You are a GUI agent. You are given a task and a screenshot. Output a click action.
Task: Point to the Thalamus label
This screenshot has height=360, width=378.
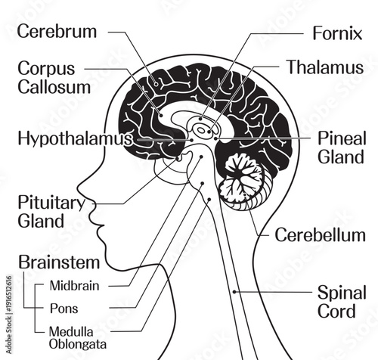click(x=324, y=67)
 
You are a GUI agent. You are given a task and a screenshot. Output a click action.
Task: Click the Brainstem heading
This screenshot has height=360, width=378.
click(x=59, y=263)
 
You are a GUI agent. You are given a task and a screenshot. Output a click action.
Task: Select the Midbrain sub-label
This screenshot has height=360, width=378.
click(x=74, y=285)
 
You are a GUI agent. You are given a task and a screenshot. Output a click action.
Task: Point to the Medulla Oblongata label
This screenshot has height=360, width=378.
click(x=76, y=337)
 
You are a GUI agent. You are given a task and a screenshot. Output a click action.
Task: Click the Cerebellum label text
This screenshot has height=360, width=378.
click(x=320, y=234)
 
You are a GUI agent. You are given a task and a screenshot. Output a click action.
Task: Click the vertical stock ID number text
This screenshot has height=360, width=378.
click(x=6, y=310)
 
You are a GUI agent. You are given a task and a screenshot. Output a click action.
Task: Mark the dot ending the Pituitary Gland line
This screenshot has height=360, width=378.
click(x=179, y=159)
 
